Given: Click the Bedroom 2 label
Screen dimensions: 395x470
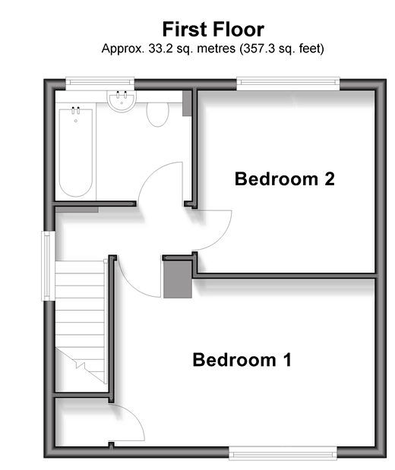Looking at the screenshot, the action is pos(284,178).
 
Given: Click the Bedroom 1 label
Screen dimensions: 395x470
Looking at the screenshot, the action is pos(242,359).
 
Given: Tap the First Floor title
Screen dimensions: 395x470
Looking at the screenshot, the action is pos(213,30).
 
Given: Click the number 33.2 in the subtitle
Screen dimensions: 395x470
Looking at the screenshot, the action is pos(160,49).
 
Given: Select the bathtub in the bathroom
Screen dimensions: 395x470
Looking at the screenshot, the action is pos(75,153).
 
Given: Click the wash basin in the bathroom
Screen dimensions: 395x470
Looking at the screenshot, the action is pos(122,100).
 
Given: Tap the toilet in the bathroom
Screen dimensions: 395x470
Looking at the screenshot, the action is pos(158,114).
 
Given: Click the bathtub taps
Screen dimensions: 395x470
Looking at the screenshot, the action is pos(75,109).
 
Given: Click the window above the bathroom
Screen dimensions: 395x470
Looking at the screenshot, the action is pos(100,84).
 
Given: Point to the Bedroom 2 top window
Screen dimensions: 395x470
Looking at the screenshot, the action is pos(288,84).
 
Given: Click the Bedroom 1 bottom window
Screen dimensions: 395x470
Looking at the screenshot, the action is pos(283,453).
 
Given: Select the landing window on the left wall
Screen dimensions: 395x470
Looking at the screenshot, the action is pos(48,266).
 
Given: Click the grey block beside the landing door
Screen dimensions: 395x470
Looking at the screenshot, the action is pos(178,279).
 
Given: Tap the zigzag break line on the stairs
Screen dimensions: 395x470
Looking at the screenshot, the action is pos(81,365).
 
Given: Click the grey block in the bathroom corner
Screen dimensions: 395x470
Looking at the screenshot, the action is pos(187,103).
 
